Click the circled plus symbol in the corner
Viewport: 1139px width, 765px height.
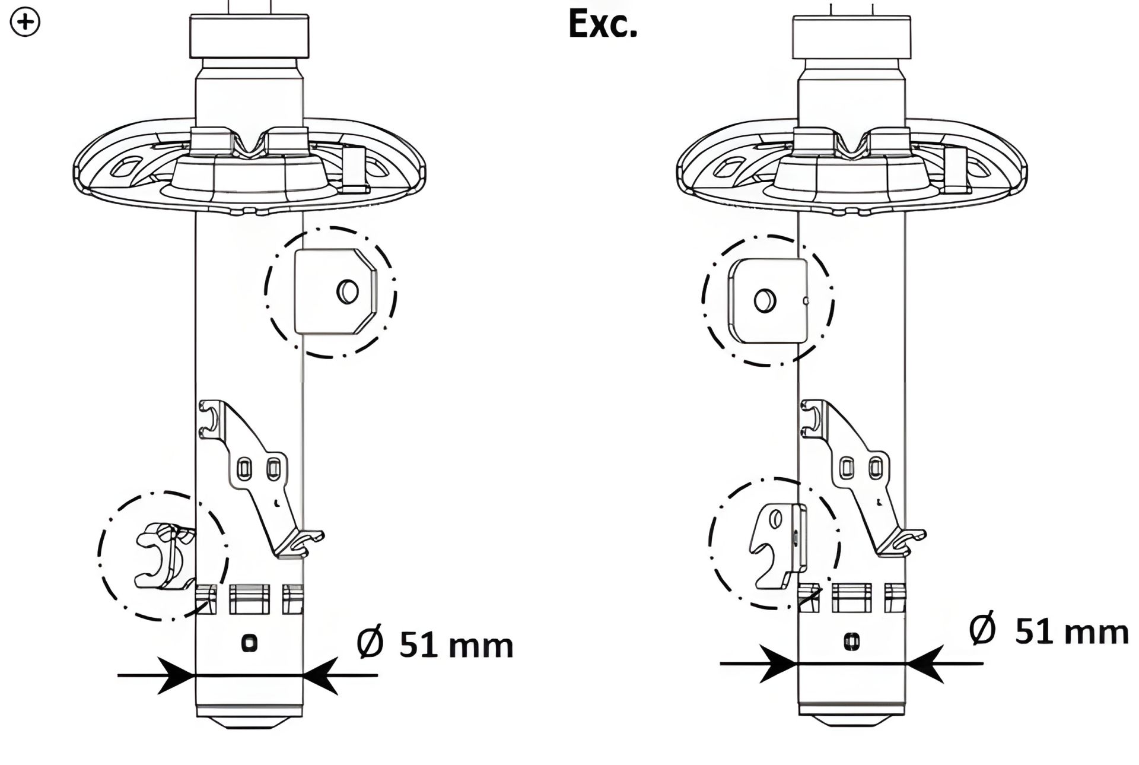pyautogui.click(x=26, y=24)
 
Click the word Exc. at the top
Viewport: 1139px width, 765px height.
pyautogui.click(x=603, y=26)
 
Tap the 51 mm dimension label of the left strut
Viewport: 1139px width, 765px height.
pyautogui.click(x=455, y=646)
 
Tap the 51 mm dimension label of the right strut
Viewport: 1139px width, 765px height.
pyautogui.click(x=1071, y=631)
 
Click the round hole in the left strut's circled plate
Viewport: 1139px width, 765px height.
pyautogui.click(x=348, y=291)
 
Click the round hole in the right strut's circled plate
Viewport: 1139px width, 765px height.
pyautogui.click(x=765, y=301)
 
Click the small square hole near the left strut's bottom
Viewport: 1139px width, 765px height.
pyautogui.click(x=249, y=643)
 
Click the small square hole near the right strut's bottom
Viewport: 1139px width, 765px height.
pyautogui.click(x=852, y=641)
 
